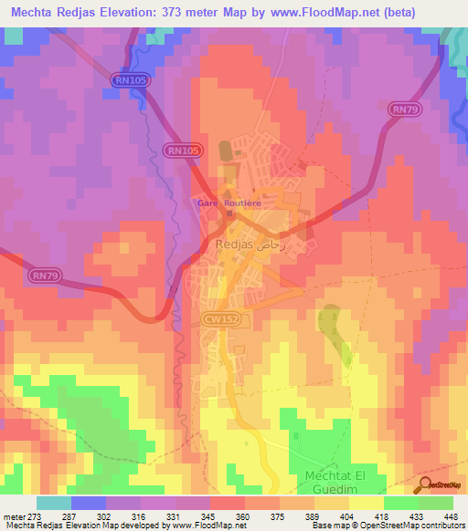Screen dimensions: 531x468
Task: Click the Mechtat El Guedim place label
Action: (x=347, y=483)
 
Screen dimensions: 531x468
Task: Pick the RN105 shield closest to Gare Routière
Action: (x=183, y=150)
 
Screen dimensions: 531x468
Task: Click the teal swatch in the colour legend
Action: (x=54, y=503)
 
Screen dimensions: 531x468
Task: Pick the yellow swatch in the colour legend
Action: (x=367, y=503)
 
